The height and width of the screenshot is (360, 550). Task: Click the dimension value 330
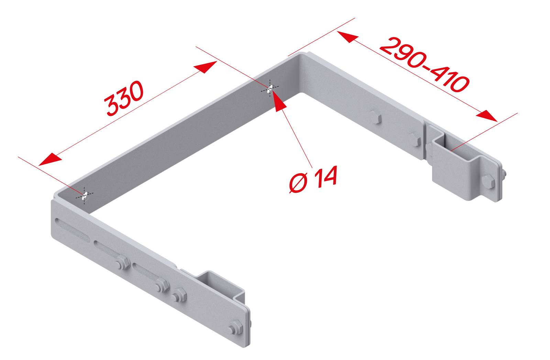pos(124,98)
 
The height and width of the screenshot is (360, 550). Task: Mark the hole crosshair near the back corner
pos(270,89)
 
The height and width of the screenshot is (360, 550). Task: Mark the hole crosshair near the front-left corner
pos(85,196)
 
